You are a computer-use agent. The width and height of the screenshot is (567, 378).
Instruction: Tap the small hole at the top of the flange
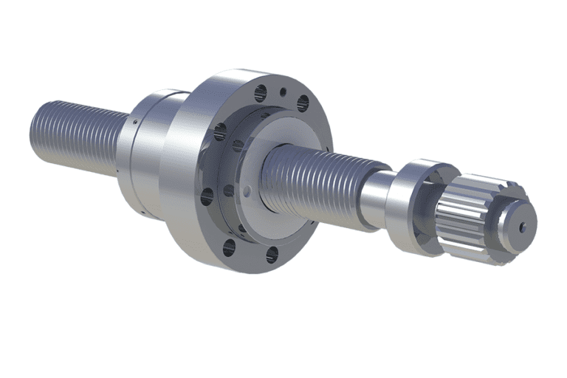282,93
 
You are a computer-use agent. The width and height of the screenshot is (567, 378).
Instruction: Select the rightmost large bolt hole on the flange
302,103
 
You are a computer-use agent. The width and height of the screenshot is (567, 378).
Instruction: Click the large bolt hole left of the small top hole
261,93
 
